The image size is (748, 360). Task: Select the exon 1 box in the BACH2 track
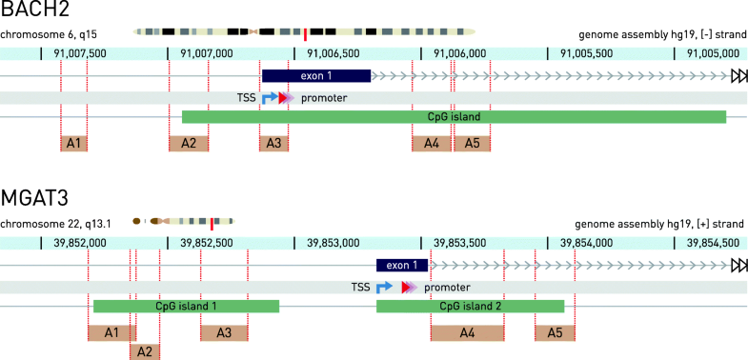coord(316,75)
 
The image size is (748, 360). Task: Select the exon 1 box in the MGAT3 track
coord(402,266)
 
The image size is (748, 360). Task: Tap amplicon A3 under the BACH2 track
coord(273,143)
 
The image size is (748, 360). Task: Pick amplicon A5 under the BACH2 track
coord(472,143)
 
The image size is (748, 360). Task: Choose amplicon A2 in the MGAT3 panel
coord(145,351)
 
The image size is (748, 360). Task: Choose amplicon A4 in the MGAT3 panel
coord(467,332)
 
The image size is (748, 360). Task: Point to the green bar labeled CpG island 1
coord(186,307)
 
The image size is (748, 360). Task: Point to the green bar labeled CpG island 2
coord(470,307)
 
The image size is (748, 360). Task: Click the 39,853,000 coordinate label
coord(333,243)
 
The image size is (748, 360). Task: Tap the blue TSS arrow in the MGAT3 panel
coord(383,287)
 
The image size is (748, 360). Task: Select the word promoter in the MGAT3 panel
coord(446,288)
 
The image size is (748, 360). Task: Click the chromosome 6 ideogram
coord(304,32)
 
